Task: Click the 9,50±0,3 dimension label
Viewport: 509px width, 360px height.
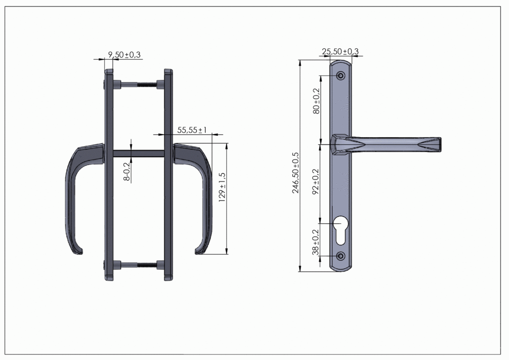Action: pos(124,55)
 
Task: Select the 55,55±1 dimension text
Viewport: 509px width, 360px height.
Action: pos(192,130)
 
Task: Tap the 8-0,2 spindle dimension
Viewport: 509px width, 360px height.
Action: pos(127,171)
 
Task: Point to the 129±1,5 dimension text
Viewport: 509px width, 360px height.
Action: pos(222,187)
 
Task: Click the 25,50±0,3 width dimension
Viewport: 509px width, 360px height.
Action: pos(340,51)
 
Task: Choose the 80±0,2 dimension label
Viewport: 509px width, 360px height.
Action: pos(316,101)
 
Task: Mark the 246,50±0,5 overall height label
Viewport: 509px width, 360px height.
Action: pos(295,173)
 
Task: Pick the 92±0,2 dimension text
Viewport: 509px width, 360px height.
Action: pos(316,181)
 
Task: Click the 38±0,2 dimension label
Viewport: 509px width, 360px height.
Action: pos(316,242)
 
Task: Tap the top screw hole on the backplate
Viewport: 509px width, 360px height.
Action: pos(340,76)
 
